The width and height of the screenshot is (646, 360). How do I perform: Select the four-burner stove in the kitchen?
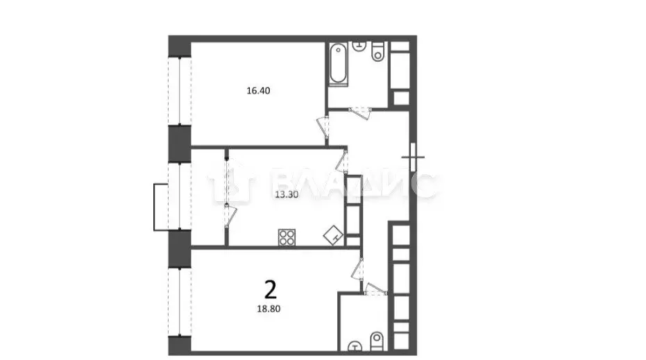click(x=287, y=238)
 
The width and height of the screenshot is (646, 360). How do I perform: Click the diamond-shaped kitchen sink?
click(x=332, y=237)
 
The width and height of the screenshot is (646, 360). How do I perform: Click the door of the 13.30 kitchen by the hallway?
click(x=341, y=163)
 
